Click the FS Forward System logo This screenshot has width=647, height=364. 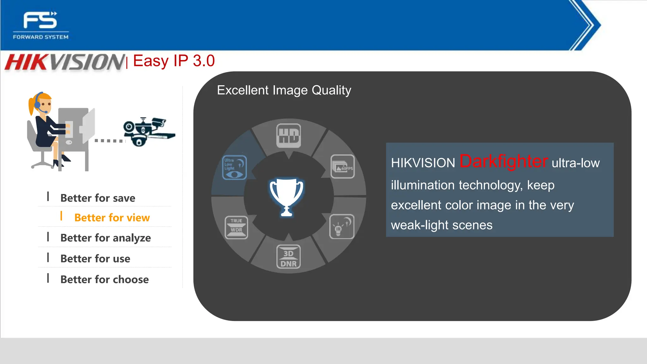click(x=40, y=25)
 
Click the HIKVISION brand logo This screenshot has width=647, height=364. click(x=65, y=62)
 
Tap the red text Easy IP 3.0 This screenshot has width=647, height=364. click(x=174, y=61)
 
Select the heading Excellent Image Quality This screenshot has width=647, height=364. click(x=284, y=90)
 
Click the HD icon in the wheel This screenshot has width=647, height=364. click(x=288, y=136)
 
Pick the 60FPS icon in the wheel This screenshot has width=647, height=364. click(x=343, y=167)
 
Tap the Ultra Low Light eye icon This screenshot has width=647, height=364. click(x=234, y=167)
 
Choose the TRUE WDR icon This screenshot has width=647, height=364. click(x=236, y=227)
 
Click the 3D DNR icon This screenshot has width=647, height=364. click(x=288, y=257)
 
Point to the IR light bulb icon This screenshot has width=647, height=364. click(x=342, y=227)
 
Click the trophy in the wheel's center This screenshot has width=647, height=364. click(x=287, y=197)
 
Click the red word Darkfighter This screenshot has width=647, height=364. click(x=503, y=161)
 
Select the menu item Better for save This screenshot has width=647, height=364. click(x=98, y=198)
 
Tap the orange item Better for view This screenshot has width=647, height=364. click(x=112, y=218)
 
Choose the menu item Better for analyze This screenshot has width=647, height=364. click(x=106, y=238)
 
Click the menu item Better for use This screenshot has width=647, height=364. click(x=95, y=259)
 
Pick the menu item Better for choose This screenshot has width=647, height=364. click(x=104, y=280)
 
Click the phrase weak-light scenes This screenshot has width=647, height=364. click(x=442, y=225)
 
